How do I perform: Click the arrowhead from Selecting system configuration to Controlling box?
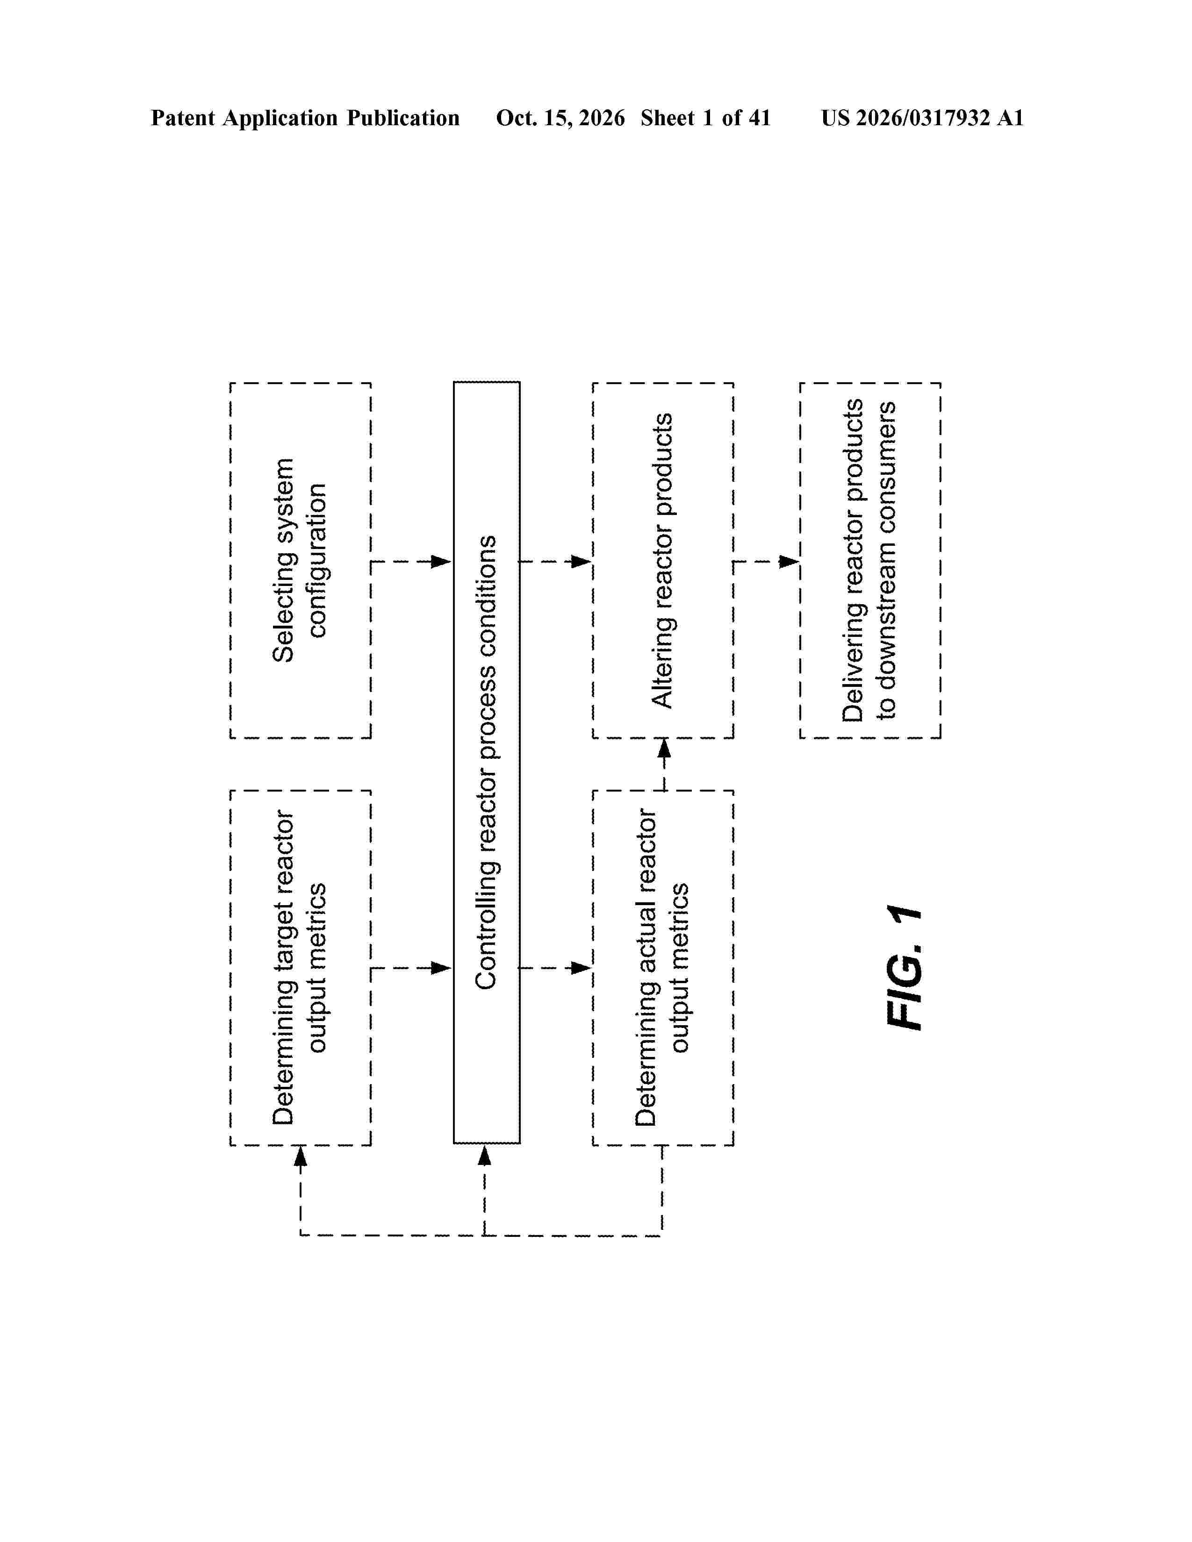[x=441, y=561]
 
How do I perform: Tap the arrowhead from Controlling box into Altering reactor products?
[x=581, y=561]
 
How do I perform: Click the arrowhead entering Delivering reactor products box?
[x=789, y=561]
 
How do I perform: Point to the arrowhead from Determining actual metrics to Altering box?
[x=664, y=749]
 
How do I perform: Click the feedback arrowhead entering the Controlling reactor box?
[x=484, y=1155]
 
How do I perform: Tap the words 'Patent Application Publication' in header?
[x=305, y=118]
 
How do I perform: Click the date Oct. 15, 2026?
[x=560, y=118]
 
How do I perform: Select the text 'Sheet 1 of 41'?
[x=705, y=118]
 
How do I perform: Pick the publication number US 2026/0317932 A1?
[x=922, y=118]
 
